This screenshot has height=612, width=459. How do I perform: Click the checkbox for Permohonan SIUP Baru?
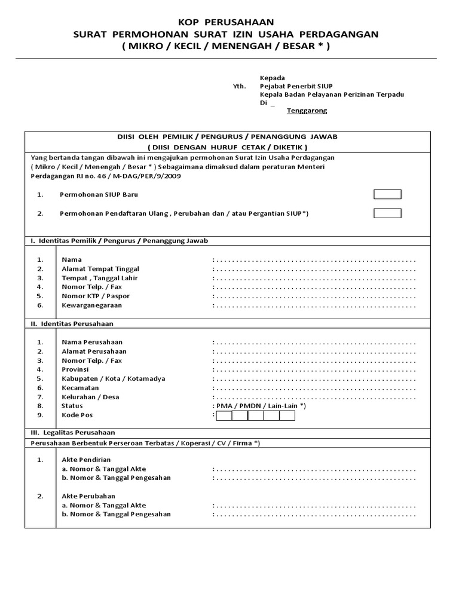[387, 194]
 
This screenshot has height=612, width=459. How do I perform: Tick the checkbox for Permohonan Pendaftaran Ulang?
[387, 213]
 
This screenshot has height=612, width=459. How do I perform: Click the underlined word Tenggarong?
[307, 111]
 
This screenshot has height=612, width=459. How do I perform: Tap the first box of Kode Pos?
[224, 415]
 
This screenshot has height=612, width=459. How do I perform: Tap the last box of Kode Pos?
[287, 415]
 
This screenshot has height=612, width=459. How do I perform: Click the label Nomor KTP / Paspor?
[96, 296]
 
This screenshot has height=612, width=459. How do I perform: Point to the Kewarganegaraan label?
[91, 305]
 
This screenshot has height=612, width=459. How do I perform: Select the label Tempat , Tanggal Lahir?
[100, 278]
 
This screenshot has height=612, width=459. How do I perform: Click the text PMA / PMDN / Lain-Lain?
[261, 406]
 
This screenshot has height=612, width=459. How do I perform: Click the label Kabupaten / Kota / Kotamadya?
[114, 378]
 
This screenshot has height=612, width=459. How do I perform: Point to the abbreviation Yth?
[239, 86]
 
